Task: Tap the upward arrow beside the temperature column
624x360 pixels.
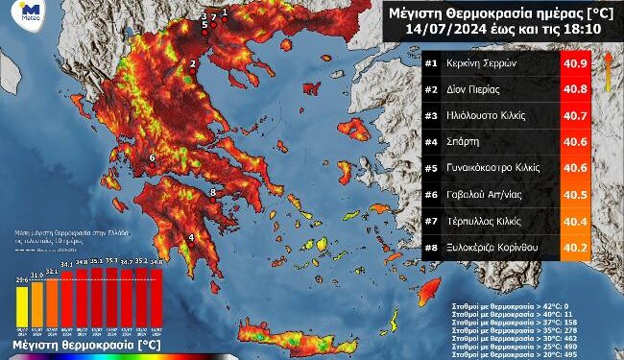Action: [x=608, y=71]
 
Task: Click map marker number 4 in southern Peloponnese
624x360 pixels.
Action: [x=191, y=239]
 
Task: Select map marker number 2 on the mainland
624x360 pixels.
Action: [x=193, y=65]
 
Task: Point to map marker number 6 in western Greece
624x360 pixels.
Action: [x=152, y=157]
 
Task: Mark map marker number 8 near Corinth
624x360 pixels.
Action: [x=213, y=194]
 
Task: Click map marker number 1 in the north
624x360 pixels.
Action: [x=225, y=12]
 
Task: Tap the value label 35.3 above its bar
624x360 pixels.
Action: [x=111, y=260]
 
